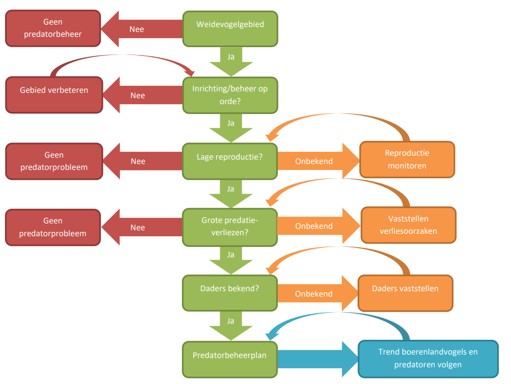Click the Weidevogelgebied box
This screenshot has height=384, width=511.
[x=230, y=29]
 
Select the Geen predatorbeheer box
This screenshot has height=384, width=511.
[x=54, y=28]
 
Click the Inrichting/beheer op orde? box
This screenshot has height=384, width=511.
[x=230, y=95]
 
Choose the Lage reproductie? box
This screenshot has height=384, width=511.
[x=230, y=161]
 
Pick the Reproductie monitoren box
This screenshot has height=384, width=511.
[x=407, y=159]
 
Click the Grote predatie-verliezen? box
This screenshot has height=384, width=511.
[x=230, y=226]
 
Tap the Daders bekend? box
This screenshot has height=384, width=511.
[x=230, y=293]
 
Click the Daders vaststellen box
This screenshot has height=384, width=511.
[x=405, y=293]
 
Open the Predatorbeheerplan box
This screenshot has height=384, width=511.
[x=230, y=358]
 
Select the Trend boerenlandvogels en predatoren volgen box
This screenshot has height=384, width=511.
[x=428, y=358]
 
